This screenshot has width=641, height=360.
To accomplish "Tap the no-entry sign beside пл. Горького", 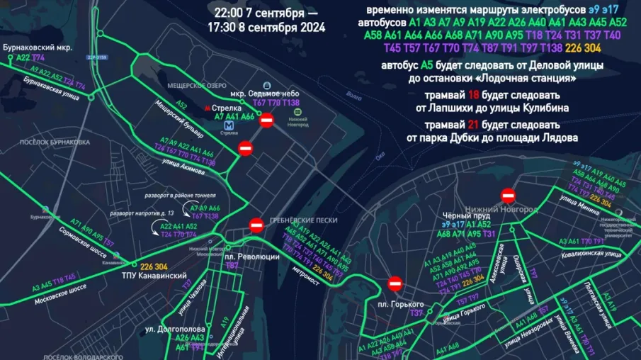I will (x=395, y=284).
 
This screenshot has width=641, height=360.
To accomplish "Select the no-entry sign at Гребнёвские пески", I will (x=256, y=226).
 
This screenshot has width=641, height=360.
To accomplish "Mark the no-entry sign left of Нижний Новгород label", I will (x=508, y=195).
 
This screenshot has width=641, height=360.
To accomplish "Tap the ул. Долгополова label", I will (x=175, y=330).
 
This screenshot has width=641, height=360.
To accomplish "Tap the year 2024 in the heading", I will (x=312, y=28).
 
